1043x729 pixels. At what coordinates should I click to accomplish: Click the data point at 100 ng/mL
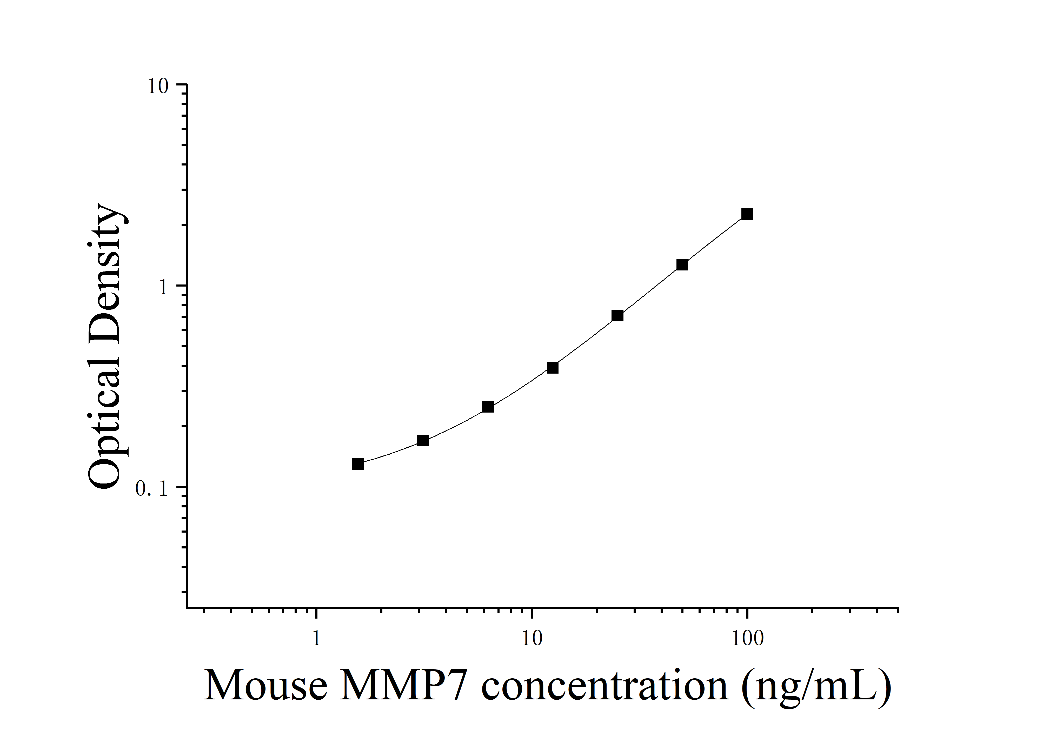[747, 214]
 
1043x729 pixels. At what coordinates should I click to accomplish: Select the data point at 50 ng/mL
[682, 265]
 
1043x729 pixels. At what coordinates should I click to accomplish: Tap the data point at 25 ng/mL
[617, 316]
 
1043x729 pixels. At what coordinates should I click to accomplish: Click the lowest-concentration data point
[358, 464]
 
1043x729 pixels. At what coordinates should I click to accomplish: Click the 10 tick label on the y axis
[158, 86]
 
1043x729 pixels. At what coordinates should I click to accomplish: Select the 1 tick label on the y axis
[164, 288]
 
